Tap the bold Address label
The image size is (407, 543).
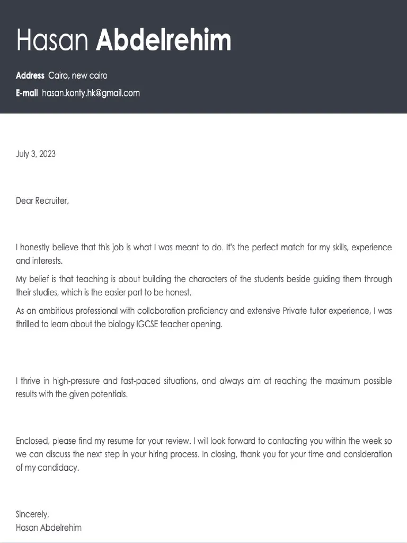pyautogui.click(x=30, y=76)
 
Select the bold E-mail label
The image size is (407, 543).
pyautogui.click(x=26, y=93)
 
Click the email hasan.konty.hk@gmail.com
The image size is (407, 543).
pyautogui.click(x=91, y=93)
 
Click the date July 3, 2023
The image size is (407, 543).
pyautogui.click(x=36, y=154)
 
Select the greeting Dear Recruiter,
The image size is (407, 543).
pyautogui.click(x=42, y=201)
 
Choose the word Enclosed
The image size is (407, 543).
pyautogui.click(x=33, y=441)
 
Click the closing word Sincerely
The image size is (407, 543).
pyautogui.click(x=32, y=514)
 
